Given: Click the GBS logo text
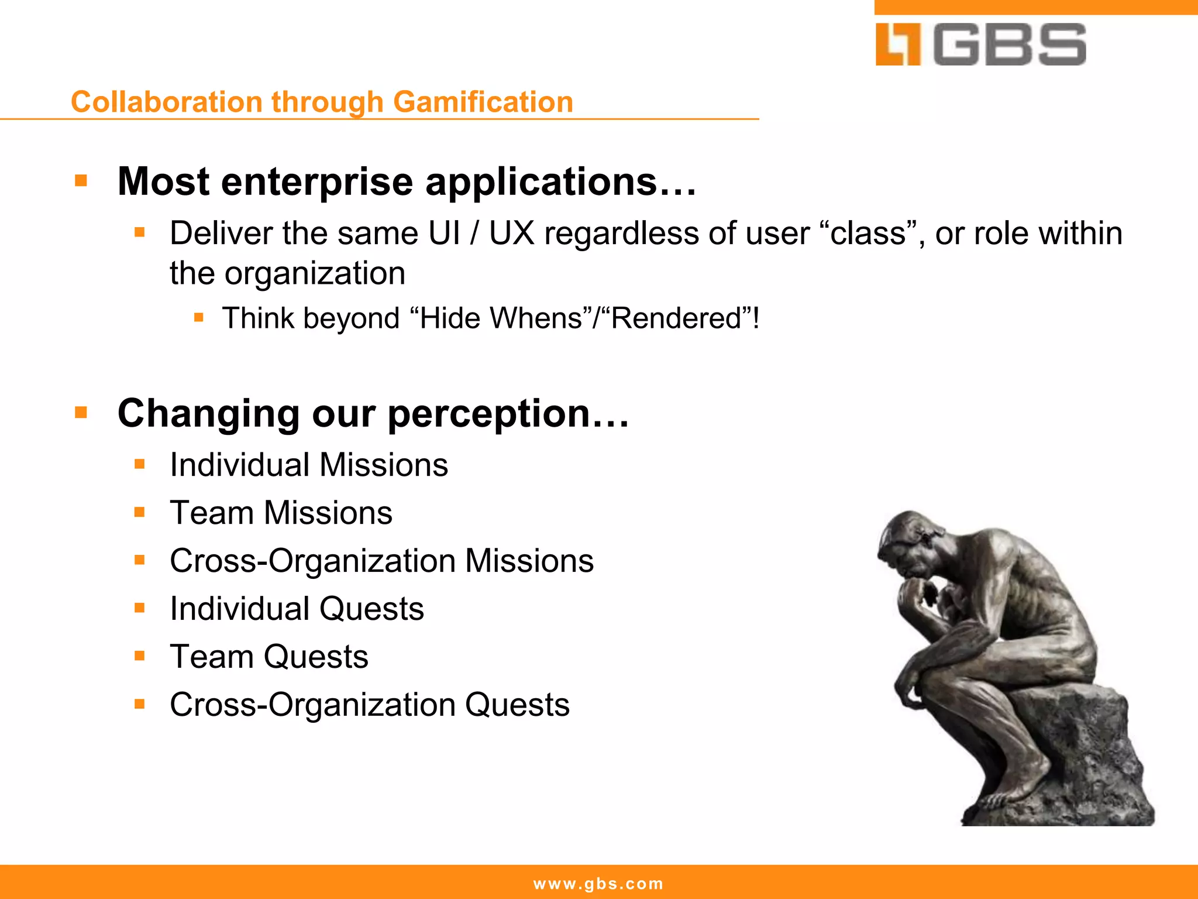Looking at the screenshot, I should tap(1010, 44).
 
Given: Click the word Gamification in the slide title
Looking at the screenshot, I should tap(483, 102).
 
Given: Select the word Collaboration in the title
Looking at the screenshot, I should tap(166, 102).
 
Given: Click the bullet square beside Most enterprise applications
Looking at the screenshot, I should tap(81, 180).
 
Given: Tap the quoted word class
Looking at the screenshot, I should tap(868, 234).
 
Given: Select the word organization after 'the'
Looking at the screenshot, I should tap(315, 273).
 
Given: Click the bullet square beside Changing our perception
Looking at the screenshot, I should tap(81, 413).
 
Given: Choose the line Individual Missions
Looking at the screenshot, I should tap(308, 465).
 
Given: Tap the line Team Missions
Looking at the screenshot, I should tap(281, 513).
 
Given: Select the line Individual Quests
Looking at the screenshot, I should tap(297, 609).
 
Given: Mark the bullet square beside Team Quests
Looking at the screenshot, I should tap(139, 656).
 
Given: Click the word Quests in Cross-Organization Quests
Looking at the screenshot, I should tap(517, 705).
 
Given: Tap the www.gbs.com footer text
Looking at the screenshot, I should tap(598, 884).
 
